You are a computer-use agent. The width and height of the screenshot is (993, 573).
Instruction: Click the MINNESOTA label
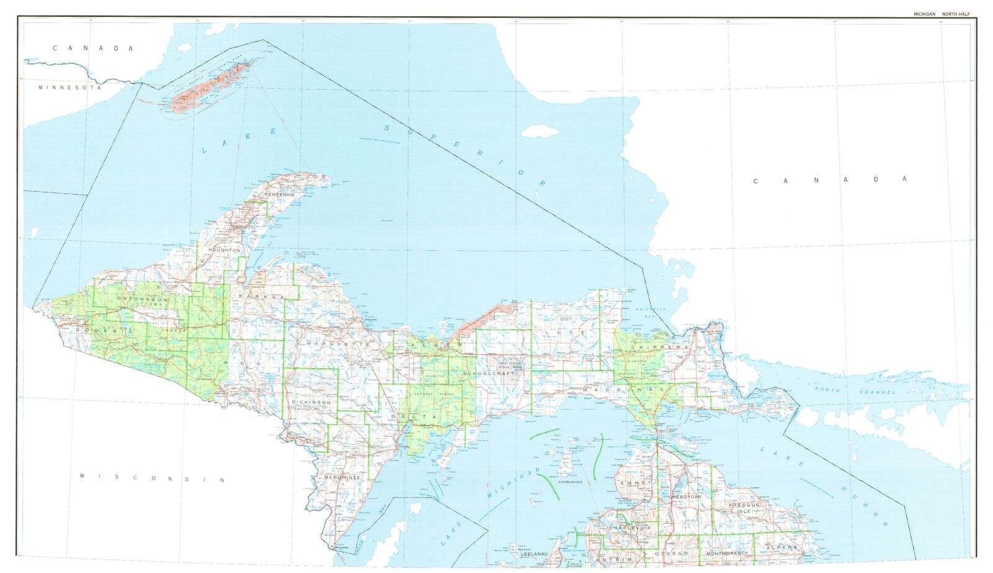(70, 88)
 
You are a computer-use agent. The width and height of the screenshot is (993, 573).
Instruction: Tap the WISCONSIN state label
(153, 478)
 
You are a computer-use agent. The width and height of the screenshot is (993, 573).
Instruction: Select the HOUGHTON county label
(224, 250)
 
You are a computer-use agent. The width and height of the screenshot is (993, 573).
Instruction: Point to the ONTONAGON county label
(142, 299)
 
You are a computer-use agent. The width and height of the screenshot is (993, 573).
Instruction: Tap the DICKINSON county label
(312, 402)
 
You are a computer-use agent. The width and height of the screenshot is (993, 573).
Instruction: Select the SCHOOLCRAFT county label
(489, 374)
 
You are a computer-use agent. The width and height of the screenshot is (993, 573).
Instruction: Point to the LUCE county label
(565, 333)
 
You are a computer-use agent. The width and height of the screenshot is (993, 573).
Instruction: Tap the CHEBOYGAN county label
(685, 497)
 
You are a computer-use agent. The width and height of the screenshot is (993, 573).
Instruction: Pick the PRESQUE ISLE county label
(744, 508)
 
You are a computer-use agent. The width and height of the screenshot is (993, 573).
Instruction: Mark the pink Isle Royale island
(211, 86)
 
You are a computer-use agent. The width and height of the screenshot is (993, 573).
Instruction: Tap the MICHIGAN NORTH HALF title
(941, 14)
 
